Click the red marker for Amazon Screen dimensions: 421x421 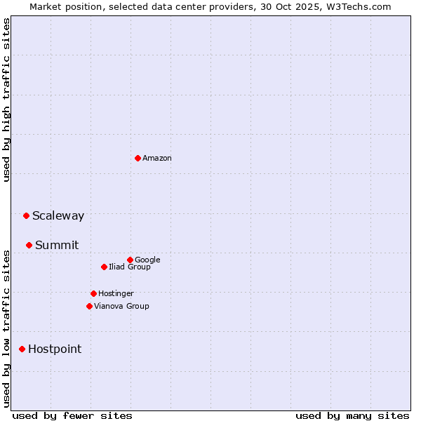138,158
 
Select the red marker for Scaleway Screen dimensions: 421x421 26,215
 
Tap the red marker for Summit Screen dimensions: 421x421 29,245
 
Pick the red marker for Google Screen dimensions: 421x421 130,260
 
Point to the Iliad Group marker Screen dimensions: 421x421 104,267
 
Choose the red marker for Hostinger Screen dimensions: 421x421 93,293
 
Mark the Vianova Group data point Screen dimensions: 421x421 89,306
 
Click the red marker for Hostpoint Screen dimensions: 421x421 22,349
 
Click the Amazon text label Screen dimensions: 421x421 157,159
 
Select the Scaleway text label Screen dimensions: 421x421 58,216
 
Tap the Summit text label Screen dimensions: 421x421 57,246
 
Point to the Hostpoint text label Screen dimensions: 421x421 55,349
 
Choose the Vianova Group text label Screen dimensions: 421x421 121,306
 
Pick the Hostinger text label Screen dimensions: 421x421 116,293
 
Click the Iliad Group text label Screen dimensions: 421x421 130,267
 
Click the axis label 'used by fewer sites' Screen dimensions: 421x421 72,415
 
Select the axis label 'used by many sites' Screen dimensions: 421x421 352,415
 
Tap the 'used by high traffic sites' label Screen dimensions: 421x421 6,100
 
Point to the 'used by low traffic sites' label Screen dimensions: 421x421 6,328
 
